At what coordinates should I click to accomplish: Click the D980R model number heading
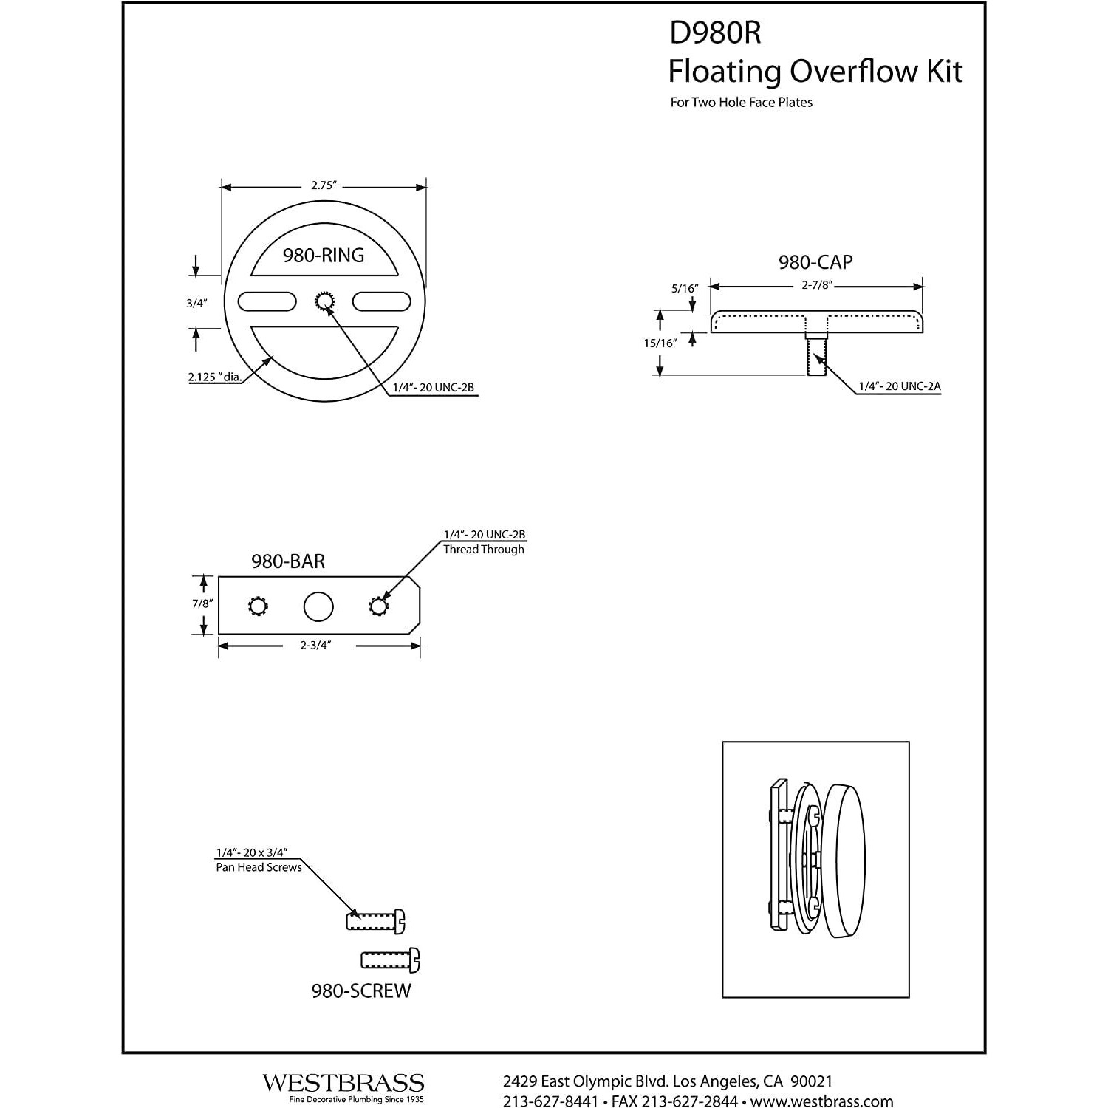pos(714,33)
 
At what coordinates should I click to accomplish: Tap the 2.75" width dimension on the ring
pos(324,186)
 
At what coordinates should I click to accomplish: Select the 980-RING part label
pos(324,256)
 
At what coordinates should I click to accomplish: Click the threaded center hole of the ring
pos(325,301)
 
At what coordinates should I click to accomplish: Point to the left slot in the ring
pos(267,301)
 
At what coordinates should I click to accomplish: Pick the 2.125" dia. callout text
pos(215,377)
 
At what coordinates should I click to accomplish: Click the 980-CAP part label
pos(815,262)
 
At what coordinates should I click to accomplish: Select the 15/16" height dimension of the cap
pos(660,343)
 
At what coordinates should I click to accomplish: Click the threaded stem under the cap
pos(815,357)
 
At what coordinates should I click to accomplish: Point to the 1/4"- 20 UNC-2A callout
pos(899,386)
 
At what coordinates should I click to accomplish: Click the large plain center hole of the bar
pos(318,607)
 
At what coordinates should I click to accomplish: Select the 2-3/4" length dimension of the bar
pos(315,645)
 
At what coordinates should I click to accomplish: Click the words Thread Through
pos(484,550)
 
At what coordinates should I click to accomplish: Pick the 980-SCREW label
pos(361,991)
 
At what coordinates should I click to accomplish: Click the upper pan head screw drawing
pos(375,921)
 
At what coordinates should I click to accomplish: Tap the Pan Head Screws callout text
pos(259,867)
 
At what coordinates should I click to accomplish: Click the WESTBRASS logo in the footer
pos(343,1084)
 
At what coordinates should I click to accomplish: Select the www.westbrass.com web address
pos(822,1101)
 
